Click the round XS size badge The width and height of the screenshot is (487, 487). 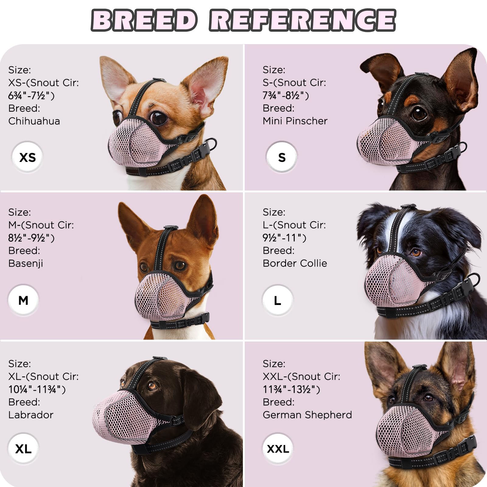click(27, 157)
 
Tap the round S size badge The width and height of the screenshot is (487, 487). click(282, 157)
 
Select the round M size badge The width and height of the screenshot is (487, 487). click(23, 300)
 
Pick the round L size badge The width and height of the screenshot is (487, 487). click(277, 300)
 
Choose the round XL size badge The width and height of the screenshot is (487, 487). click(23, 449)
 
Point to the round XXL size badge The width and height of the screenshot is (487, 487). click(278, 449)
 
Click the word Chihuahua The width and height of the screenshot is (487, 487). click(34, 121)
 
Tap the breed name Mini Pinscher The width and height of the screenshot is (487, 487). click(295, 121)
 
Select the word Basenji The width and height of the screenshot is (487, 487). click(26, 263)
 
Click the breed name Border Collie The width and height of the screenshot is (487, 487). click(295, 263)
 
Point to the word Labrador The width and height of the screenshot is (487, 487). click(31, 415)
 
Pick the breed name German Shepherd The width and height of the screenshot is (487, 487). click(307, 415)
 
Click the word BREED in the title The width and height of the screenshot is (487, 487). click(144, 20)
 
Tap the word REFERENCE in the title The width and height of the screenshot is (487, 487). click(303, 20)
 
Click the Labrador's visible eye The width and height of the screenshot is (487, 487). click(151, 386)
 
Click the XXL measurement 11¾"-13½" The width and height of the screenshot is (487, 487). click(291, 389)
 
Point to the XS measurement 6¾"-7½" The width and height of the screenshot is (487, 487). click(31, 96)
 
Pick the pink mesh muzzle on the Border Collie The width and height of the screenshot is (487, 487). click(393, 282)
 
